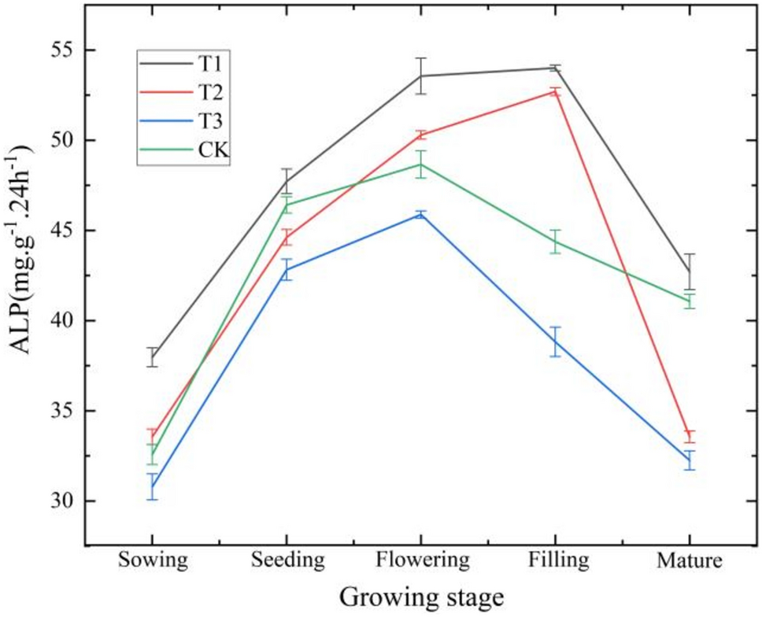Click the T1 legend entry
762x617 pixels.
tap(185, 62)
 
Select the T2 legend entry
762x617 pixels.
tap(185, 91)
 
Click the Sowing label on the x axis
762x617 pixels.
tap(154, 560)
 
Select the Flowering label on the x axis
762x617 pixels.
tap(422, 560)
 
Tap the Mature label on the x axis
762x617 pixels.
tap(690, 560)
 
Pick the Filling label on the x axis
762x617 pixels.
tap(556, 560)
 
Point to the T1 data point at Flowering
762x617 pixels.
tap(422, 76)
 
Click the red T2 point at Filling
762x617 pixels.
tap(556, 91)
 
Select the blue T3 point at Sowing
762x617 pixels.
tap(154, 487)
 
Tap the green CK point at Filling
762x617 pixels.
tap(556, 242)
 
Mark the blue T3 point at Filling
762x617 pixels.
tap(556, 342)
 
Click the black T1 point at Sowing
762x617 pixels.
tap(154, 357)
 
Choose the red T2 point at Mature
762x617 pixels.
tap(690, 436)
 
